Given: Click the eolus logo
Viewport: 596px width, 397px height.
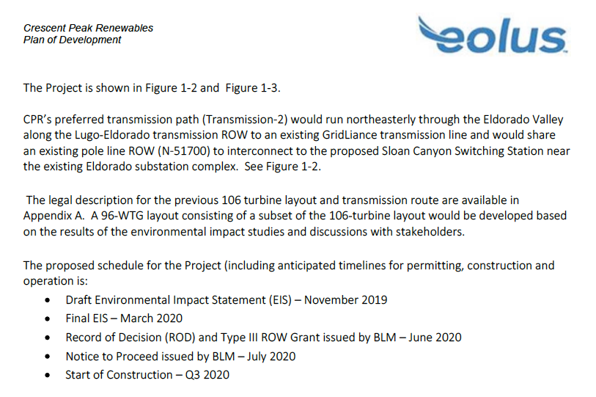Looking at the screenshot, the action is [x=493, y=36].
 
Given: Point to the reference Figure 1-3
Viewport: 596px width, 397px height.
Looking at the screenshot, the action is [x=253, y=88].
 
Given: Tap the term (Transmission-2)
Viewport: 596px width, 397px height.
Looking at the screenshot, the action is [x=245, y=120].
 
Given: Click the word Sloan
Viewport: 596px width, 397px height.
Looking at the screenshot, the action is [x=396, y=151].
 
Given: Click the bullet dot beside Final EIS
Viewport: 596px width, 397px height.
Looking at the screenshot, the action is [x=47, y=318].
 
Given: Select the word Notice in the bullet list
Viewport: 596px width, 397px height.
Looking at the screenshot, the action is [x=81, y=356].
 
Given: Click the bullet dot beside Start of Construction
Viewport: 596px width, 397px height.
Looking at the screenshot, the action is [x=47, y=375].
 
